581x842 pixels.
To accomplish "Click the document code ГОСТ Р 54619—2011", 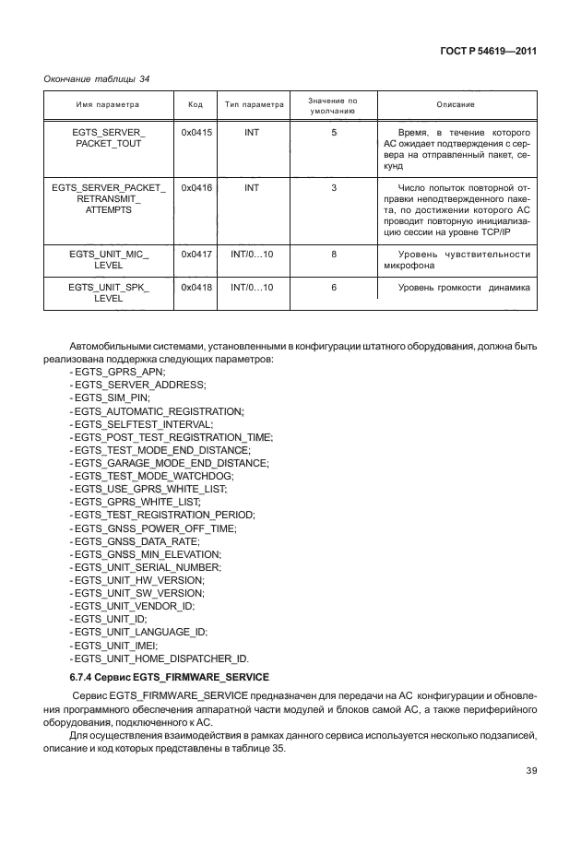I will click(490, 51).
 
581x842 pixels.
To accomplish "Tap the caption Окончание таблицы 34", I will click(97, 79).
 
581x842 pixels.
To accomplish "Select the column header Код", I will click(196, 105).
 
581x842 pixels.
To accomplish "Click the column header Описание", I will click(456, 105).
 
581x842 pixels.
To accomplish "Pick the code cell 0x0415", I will click(196, 134).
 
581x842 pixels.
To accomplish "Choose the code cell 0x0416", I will click(196, 187).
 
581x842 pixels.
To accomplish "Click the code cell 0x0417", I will click(196, 254).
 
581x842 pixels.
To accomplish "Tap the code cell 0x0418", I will click(196, 288).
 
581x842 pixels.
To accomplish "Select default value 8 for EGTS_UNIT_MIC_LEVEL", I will click(333, 254).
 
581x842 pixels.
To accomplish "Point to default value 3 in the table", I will click(333, 187).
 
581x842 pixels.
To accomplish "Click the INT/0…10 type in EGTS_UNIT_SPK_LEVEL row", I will click(252, 288).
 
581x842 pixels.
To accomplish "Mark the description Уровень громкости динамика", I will click(464, 288).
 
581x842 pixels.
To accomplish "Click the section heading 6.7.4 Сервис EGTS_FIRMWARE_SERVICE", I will click(158, 678).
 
